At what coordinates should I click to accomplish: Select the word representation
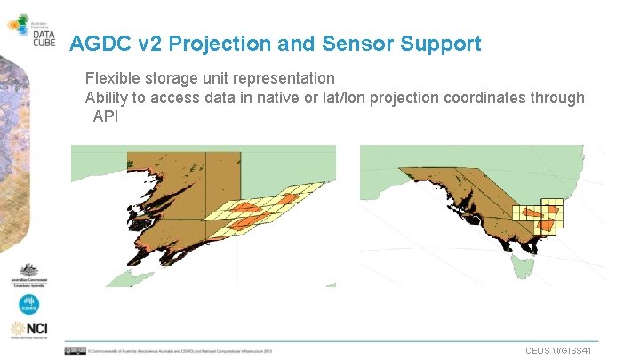[x=284, y=78]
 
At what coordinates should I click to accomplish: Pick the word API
[x=106, y=116]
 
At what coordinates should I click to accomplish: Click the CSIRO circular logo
[x=29, y=305]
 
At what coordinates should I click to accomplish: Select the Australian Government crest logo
[x=28, y=275]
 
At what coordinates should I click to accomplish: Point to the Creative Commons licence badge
[x=75, y=351]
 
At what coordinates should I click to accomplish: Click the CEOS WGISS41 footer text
[x=558, y=351]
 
